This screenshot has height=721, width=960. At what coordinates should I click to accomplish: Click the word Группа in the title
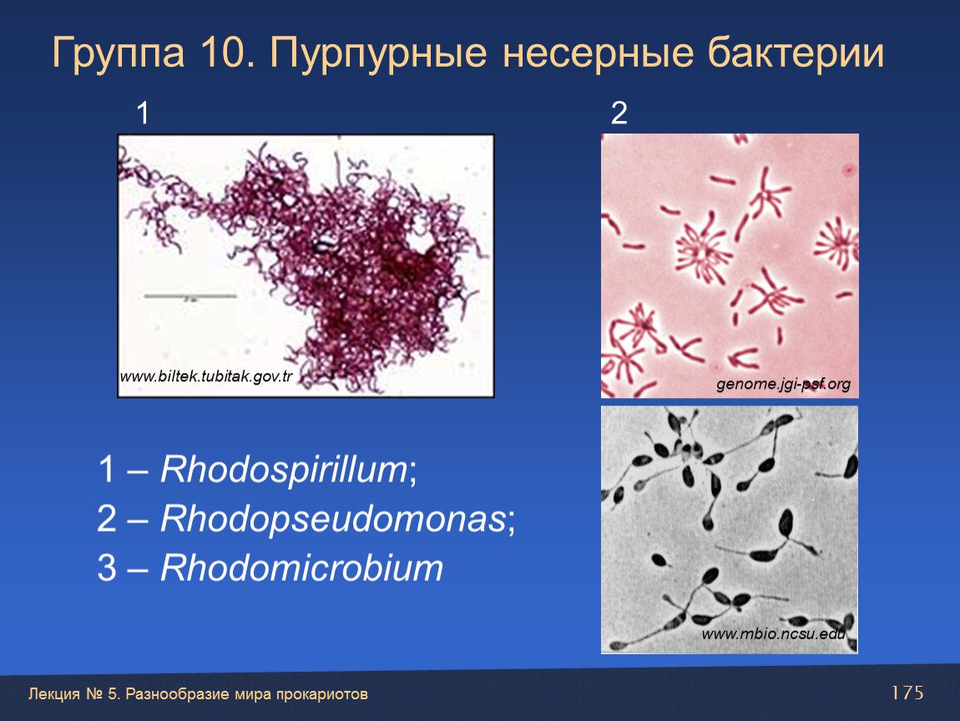tap(119, 53)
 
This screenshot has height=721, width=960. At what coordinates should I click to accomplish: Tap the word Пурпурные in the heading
tap(378, 53)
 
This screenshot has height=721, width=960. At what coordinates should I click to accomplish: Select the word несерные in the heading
tap(599, 53)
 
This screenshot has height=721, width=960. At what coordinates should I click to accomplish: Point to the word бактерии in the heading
tap(796, 53)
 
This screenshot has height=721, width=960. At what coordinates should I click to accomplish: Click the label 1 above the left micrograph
tap(143, 113)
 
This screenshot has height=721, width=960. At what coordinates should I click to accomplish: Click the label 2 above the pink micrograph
tap(619, 113)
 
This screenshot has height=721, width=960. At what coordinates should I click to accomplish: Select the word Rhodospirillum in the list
tap(284, 470)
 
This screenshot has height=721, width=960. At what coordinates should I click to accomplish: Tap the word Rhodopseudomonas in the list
tap(333, 519)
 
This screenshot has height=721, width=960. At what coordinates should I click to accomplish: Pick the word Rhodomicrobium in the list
tap(301, 567)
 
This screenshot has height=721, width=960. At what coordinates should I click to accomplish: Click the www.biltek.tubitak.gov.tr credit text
tap(206, 376)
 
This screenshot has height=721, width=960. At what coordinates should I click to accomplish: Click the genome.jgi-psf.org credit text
tap(783, 385)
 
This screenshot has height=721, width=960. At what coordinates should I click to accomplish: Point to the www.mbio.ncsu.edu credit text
tap(773, 633)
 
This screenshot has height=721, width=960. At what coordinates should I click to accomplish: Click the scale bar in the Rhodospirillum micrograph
tap(190, 296)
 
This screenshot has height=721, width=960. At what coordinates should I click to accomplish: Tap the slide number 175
tap(907, 693)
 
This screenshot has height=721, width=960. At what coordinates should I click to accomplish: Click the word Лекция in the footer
tap(54, 694)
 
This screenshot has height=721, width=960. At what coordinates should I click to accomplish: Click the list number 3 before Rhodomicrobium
tap(107, 568)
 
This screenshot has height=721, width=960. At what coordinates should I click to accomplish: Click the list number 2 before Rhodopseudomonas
tap(107, 519)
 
